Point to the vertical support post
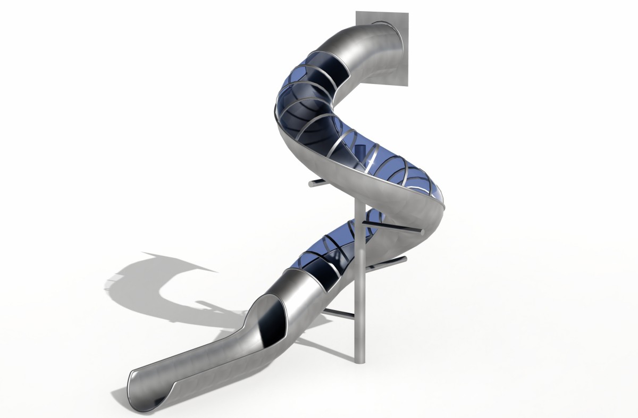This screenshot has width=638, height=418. tap(359, 298)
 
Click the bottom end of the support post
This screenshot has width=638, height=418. tap(359, 362)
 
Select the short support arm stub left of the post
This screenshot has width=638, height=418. tap(316, 183)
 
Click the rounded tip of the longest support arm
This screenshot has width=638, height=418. tap(422, 232)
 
